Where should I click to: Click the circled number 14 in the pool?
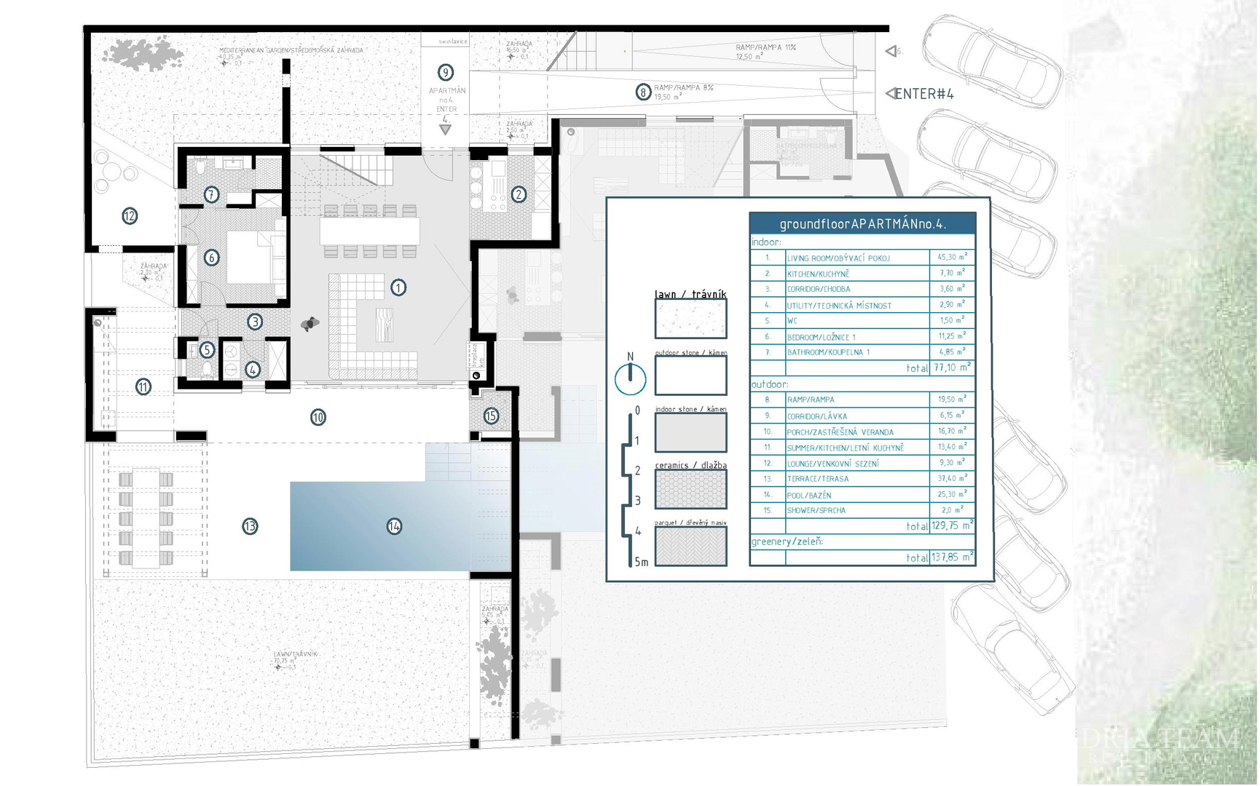point(394,526)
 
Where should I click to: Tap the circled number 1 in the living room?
point(398,287)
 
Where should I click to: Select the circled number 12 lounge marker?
point(130,216)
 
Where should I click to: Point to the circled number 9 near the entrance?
point(446,73)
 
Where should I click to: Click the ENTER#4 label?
point(924,94)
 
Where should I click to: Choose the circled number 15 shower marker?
point(491,416)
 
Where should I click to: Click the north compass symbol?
point(630,378)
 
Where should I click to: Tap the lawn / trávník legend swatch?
point(690,319)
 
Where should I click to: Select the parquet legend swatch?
point(690,546)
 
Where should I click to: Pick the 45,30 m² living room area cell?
point(952,257)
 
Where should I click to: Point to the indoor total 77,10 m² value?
point(952,368)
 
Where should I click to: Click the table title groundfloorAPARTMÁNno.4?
point(862,224)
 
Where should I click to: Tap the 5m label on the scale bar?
point(641,562)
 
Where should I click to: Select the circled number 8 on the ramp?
point(643,92)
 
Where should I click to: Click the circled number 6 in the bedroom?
point(211,258)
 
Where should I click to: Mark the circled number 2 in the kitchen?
point(519,194)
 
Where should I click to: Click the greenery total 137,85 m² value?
point(952,557)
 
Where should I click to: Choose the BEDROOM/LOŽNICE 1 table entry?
point(821,337)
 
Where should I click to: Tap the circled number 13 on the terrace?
point(250,526)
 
